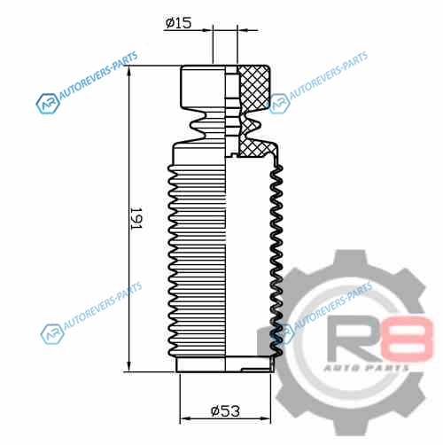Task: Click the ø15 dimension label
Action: coord(178,23)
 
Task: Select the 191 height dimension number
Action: coord(136,219)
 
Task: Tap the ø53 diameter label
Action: coord(225,410)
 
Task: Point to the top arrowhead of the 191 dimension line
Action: coord(128,71)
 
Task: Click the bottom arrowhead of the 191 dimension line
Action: coord(128,366)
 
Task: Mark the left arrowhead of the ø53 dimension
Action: coord(185,418)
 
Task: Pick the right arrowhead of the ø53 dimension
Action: coord(265,418)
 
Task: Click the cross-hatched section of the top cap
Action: coord(253,87)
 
